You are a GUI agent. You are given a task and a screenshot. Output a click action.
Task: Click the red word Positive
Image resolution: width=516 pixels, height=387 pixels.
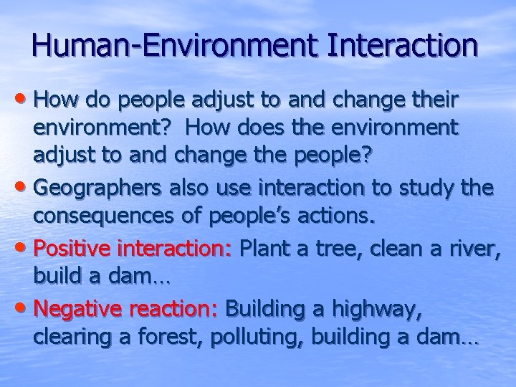pyautogui.click(x=67, y=249)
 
